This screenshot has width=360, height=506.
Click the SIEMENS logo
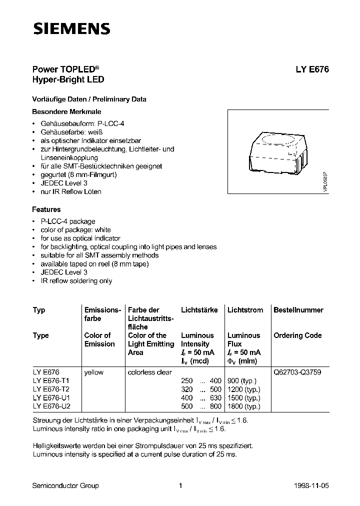click(x=71, y=29)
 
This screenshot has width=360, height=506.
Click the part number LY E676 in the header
click(x=308, y=70)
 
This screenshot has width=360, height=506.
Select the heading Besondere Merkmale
click(x=66, y=111)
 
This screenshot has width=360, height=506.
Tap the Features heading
click(x=46, y=209)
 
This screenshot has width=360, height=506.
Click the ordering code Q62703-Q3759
click(x=298, y=372)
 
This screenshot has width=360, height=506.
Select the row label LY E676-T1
click(x=51, y=380)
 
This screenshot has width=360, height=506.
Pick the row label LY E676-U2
click(x=51, y=406)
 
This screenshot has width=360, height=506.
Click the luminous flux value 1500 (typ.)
click(x=243, y=397)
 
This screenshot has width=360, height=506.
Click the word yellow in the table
click(x=94, y=372)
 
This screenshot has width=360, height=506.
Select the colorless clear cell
click(x=149, y=372)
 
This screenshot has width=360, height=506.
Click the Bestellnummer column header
click(x=298, y=310)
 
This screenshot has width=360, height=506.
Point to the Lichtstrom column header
click(x=245, y=310)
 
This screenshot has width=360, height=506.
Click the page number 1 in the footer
click(x=180, y=485)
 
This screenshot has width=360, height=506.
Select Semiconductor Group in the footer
click(x=65, y=485)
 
